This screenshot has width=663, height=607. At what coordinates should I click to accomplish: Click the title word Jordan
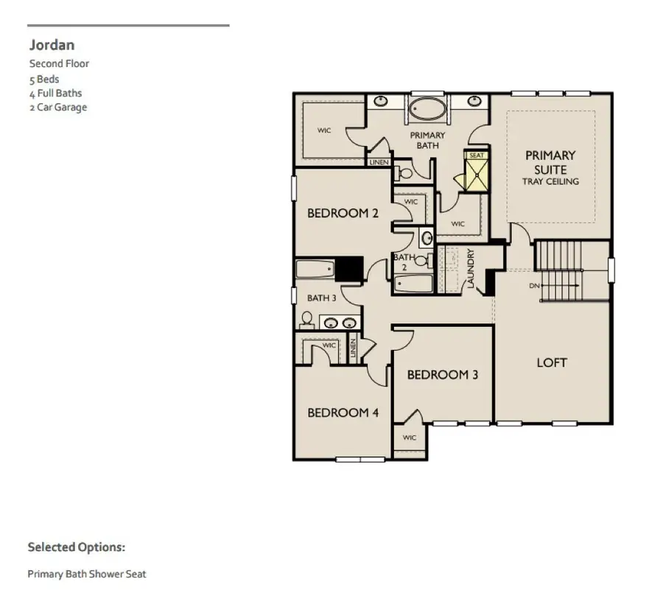(52, 45)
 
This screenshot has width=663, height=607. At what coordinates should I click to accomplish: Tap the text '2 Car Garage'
(58, 108)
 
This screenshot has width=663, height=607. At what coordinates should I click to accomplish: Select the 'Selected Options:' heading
(77, 547)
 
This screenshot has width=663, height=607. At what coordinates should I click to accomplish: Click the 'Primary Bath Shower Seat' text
(87, 574)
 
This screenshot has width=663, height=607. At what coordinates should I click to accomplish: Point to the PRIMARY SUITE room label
(550, 162)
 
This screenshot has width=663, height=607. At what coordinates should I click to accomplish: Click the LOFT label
(552, 362)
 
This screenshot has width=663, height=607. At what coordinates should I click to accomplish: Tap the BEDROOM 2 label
(343, 214)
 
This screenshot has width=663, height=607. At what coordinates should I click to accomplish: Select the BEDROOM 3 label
(443, 375)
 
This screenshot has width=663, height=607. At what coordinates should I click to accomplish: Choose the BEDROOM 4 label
(343, 413)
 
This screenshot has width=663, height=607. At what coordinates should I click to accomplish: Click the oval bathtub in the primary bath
(427, 110)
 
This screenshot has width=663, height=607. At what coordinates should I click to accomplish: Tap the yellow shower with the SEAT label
(477, 174)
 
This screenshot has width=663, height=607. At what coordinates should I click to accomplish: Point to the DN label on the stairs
(534, 285)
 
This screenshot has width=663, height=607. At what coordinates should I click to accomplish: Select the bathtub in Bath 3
(315, 269)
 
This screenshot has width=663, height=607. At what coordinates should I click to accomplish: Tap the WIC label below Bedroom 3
(410, 438)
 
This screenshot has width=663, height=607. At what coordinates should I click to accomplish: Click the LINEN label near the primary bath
(379, 162)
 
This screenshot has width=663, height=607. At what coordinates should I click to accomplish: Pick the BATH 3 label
(321, 298)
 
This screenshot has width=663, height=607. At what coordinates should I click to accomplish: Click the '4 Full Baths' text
(56, 94)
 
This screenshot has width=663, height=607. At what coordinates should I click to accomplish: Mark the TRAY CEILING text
(550, 181)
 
